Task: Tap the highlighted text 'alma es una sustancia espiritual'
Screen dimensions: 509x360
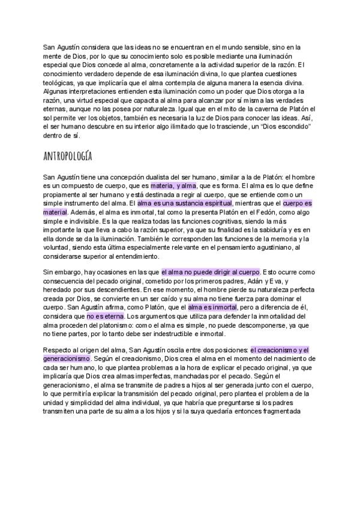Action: pos(184,203)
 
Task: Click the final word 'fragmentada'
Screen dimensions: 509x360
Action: pos(278,411)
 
